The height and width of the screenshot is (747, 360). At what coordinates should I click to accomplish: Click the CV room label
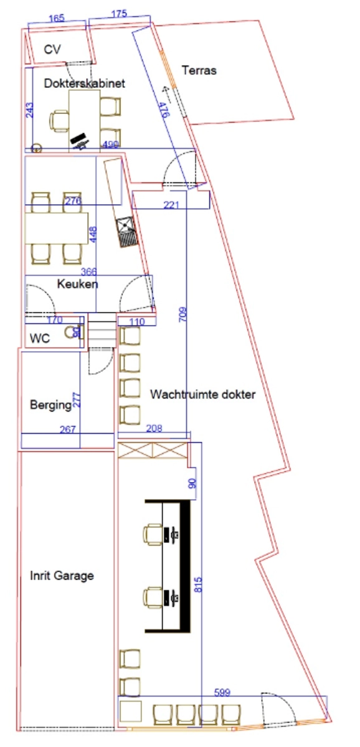click(x=52, y=50)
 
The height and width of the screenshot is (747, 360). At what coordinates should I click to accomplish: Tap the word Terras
click(x=199, y=70)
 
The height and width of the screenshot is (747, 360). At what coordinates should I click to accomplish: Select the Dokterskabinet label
click(x=85, y=83)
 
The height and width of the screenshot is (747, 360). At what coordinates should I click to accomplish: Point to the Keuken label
click(x=77, y=284)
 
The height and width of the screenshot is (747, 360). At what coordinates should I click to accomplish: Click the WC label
click(x=40, y=339)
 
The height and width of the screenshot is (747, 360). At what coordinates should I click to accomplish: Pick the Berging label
click(x=50, y=405)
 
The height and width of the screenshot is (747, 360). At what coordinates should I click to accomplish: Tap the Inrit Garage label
click(x=62, y=576)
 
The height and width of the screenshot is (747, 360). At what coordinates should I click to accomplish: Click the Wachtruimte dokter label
click(x=203, y=394)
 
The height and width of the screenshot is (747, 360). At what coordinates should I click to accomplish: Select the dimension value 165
click(x=57, y=18)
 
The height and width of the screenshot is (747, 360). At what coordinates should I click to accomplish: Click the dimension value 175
click(x=119, y=14)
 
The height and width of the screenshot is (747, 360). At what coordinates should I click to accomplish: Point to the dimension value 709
click(x=183, y=314)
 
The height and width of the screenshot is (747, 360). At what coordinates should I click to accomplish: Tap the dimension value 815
click(x=198, y=585)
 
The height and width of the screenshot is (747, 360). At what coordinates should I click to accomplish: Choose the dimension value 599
click(x=222, y=692)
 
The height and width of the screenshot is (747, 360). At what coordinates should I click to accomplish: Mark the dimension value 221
click(x=171, y=205)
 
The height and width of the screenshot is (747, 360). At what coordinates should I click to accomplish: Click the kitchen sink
click(x=127, y=232)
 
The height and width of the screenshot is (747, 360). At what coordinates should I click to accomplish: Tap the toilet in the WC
click(x=73, y=332)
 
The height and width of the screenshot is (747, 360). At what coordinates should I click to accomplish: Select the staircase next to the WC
click(x=102, y=330)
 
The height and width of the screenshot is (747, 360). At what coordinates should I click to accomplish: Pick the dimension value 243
click(x=30, y=110)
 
